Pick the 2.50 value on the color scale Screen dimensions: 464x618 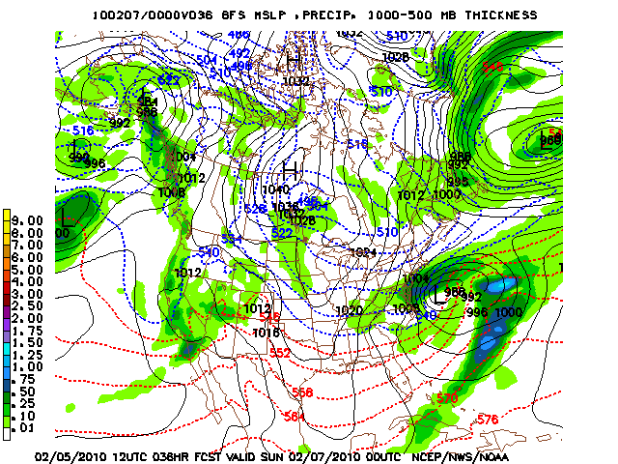click(x=29, y=305)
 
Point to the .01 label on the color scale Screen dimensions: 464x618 click(x=29, y=425)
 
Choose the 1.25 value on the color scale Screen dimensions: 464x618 click(x=29, y=354)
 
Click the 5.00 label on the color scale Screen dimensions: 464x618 click(x=29, y=269)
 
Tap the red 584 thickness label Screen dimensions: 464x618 click(x=295, y=416)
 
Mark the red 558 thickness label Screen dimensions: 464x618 click(x=302, y=392)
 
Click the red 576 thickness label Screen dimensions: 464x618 click(x=488, y=419)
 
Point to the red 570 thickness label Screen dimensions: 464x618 click(x=446, y=397)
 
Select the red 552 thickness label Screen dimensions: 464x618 click(x=279, y=353)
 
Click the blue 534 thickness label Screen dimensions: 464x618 click(x=230, y=238)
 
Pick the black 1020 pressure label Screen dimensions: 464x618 click(x=350, y=310)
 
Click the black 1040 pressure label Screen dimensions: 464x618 click(x=274, y=189)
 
